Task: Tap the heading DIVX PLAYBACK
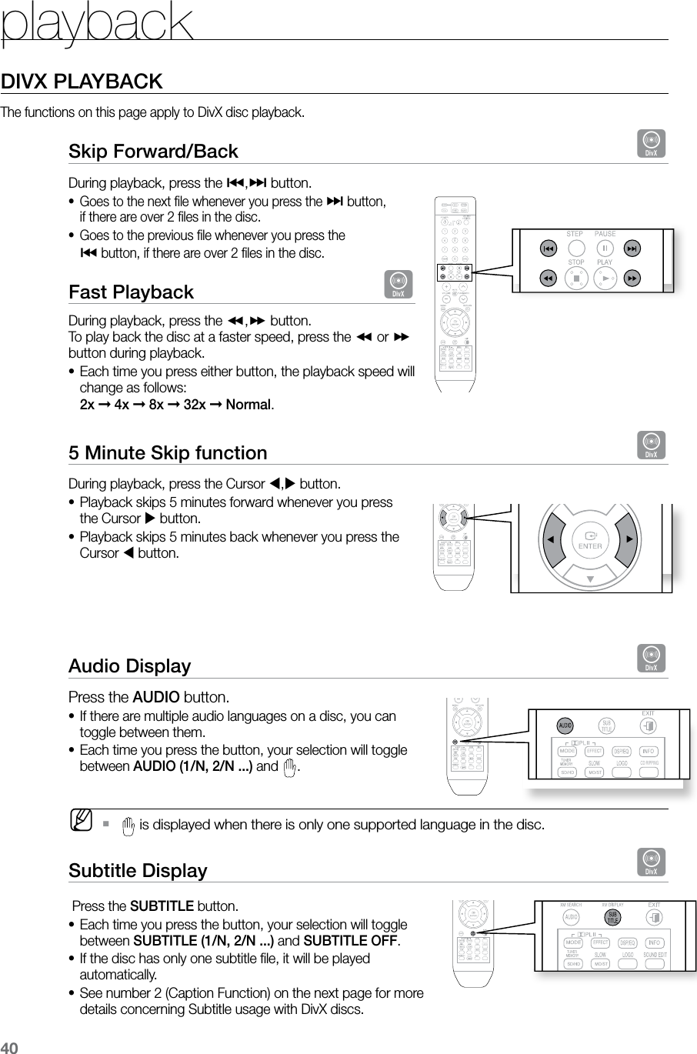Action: pos(82,82)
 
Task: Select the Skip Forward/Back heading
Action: pos(153,151)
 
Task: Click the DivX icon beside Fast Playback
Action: pos(399,285)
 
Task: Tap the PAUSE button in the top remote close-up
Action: pos(605,248)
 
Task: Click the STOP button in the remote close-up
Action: pos(576,278)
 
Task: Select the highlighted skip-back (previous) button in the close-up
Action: pos(548,248)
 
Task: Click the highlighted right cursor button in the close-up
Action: pos(630,539)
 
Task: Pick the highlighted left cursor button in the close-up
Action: pos(549,539)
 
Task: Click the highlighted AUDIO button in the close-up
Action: pos(565,725)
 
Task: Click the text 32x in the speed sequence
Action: pos(195,405)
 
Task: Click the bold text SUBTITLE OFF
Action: pos(352,942)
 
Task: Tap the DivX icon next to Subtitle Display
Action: pos(651,862)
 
